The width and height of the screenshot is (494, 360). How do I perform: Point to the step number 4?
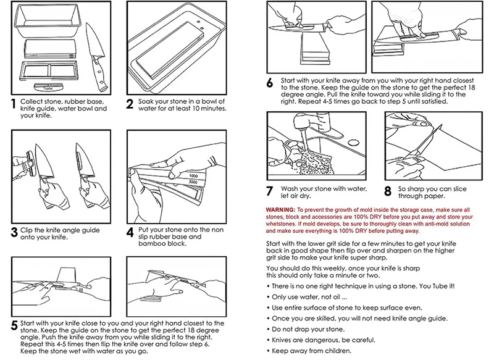[x=130, y=233]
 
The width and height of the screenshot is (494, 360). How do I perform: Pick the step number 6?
[x=270, y=83]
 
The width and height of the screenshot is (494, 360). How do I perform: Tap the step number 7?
[x=269, y=191]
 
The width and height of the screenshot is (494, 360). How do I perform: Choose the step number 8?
[x=388, y=191]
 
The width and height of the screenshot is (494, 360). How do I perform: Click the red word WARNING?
[x=280, y=211]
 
